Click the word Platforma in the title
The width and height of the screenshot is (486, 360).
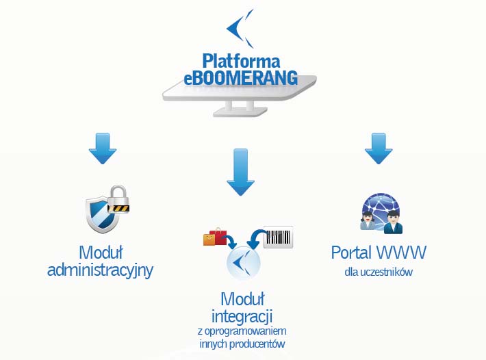[x=241, y=61]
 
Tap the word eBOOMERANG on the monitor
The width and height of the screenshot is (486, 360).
[x=241, y=77]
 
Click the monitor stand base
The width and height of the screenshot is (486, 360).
[x=240, y=112]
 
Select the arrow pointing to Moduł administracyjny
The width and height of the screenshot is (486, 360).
[x=103, y=149]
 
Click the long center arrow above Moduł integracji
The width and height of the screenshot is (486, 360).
[x=240, y=172]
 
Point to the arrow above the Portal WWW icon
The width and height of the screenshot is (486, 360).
[x=379, y=149]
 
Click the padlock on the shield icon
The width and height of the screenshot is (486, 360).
[x=118, y=199]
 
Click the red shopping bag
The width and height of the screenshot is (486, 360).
[x=218, y=236]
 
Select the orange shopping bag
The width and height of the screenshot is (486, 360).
[x=209, y=240]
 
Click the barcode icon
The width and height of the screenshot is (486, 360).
[x=278, y=237]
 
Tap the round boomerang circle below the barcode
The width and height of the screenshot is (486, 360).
[x=243, y=263]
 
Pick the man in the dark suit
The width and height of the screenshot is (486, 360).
[x=393, y=222]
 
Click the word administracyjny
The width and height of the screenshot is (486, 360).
[x=100, y=270]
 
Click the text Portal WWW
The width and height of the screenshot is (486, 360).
[x=379, y=253]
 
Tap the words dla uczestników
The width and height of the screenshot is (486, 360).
[x=379, y=272]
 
